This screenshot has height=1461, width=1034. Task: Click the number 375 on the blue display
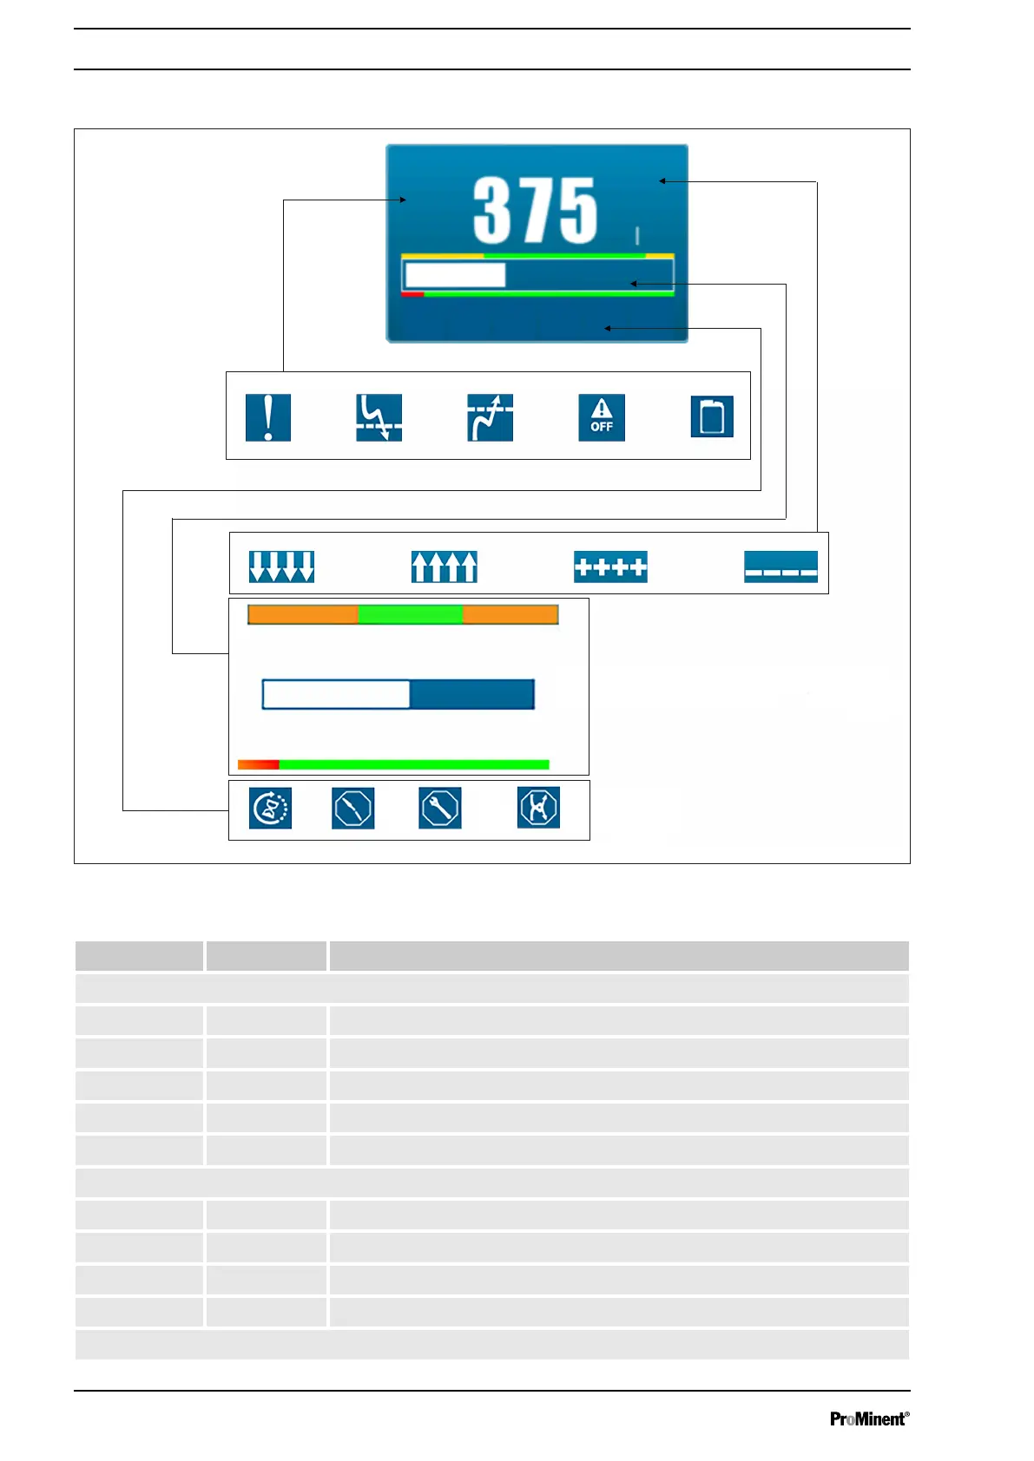(x=535, y=210)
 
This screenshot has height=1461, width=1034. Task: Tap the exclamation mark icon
(x=267, y=417)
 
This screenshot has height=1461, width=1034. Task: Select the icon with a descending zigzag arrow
(x=379, y=417)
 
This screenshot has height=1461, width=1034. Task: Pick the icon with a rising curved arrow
(x=490, y=417)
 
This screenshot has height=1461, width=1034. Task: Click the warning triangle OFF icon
(x=602, y=417)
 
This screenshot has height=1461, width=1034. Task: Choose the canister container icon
(x=712, y=416)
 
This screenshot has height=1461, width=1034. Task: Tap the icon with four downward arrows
(x=281, y=567)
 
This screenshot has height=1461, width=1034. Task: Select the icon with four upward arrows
(x=444, y=567)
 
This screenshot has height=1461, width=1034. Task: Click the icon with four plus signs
(x=610, y=567)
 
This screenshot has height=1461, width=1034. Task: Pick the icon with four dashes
(x=780, y=567)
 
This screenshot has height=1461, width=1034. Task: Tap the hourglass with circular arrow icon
(x=270, y=808)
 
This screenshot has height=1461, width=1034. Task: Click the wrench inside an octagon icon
(x=439, y=808)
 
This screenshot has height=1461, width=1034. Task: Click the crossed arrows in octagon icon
(x=538, y=808)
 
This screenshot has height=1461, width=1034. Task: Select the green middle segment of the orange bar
(x=410, y=615)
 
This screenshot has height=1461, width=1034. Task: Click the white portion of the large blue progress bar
(x=336, y=694)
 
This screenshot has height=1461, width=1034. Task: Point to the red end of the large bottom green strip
(x=258, y=764)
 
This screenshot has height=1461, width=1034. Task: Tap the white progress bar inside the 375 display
(x=455, y=275)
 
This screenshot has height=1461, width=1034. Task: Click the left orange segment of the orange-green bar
(x=303, y=615)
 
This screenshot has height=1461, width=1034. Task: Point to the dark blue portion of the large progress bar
(x=471, y=694)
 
